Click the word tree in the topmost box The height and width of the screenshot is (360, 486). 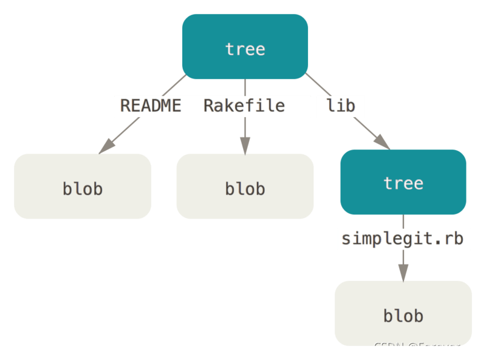[245, 49]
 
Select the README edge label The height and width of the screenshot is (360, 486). [151, 106]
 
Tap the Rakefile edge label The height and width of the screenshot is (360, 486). [244, 106]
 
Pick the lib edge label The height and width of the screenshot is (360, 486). [340, 106]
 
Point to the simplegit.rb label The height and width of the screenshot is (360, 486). [403, 238]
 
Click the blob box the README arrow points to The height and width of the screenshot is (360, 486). [83, 186]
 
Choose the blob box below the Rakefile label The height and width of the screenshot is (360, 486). [245, 186]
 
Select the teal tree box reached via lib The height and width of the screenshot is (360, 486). [403, 182]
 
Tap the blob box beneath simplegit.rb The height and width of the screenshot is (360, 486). [403, 313]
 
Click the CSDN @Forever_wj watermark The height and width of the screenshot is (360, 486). [425, 347]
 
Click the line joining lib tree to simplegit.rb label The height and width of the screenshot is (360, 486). [403, 222]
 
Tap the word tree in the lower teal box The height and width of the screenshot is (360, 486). [403, 183]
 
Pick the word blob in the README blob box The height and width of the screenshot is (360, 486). [83, 188]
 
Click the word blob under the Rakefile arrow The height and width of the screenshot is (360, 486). [245, 188]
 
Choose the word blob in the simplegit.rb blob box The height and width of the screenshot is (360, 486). [403, 316]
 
